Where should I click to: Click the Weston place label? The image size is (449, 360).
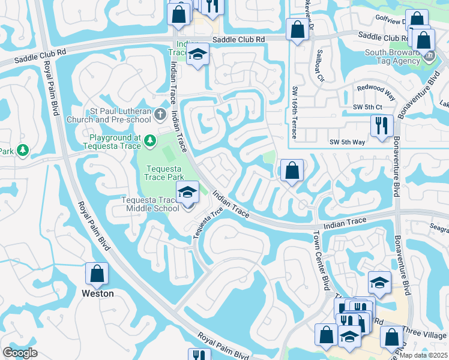(x=97, y=294)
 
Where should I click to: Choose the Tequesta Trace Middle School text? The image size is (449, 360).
(x=149, y=204)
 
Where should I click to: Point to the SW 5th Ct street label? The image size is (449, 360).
(x=367, y=107)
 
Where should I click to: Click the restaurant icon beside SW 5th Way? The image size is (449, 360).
(x=382, y=126)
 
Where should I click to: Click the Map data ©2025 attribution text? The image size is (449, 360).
(x=423, y=355)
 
